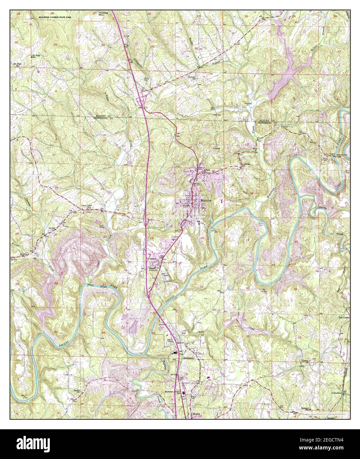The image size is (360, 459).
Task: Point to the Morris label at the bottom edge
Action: [x=196, y=413]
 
